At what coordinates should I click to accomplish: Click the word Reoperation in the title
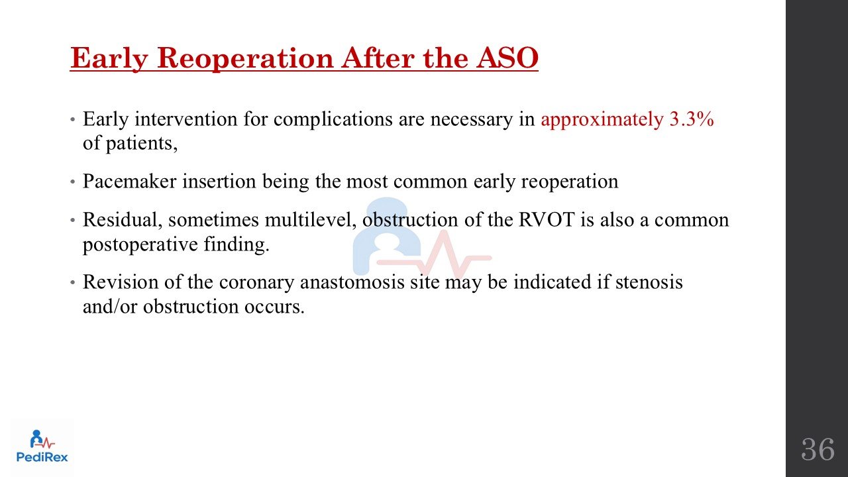tap(245, 59)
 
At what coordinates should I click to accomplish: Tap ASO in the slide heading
tap(507, 58)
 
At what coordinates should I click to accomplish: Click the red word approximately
tap(602, 120)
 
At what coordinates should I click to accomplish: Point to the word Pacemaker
tap(129, 181)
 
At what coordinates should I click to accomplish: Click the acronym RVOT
tap(547, 220)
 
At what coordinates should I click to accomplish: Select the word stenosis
tap(649, 282)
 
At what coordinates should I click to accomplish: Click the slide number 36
tap(818, 449)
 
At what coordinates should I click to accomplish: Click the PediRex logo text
tap(42, 457)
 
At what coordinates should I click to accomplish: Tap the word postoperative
tap(140, 245)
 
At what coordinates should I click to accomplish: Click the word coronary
tap(256, 283)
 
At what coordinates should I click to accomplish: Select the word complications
tap(333, 120)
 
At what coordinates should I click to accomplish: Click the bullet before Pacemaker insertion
tap(73, 182)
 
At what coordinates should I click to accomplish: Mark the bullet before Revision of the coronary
tap(73, 283)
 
